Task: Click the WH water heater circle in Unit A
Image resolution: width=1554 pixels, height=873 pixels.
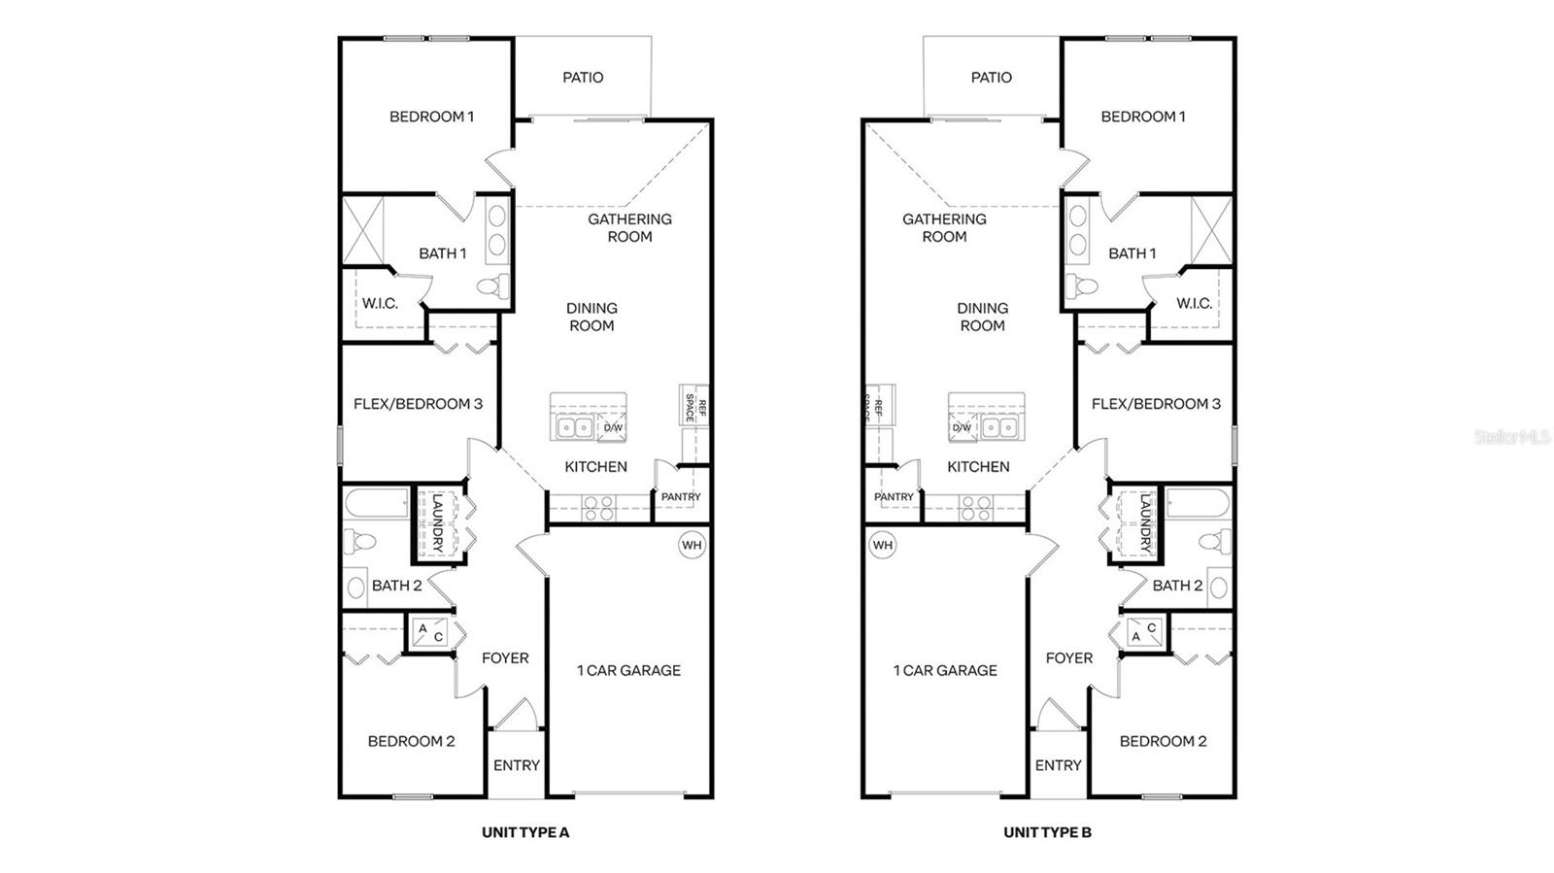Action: coord(691,545)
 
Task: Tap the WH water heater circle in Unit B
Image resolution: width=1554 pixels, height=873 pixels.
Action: coord(882,545)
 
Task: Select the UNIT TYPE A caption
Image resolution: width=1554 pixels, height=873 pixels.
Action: coord(525,832)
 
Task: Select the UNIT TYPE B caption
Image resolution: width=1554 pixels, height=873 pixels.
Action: coord(1047,832)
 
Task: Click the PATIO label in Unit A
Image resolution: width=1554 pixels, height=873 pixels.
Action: coord(583,78)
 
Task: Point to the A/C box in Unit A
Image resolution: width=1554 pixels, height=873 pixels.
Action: coord(430,633)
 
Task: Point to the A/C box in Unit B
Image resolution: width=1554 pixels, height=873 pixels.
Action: coord(1143,633)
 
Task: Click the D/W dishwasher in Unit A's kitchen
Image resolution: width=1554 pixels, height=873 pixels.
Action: coord(613,427)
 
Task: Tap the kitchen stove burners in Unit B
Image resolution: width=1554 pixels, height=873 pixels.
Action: coord(975,508)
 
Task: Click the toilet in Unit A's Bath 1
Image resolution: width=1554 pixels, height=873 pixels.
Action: coord(493,286)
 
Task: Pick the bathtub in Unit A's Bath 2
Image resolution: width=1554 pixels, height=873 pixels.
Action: coord(378,503)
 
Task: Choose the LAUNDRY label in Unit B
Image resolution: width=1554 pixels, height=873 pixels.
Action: coord(1145,524)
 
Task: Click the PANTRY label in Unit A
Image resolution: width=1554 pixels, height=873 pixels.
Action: coord(681,497)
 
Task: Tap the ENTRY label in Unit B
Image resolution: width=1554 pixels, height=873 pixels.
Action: coord(1058,765)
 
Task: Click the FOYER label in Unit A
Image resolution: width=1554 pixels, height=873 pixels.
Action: coord(505,658)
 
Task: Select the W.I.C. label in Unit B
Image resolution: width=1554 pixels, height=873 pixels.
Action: coord(1194,303)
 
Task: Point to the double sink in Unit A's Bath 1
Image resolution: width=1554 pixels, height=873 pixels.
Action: coord(496,229)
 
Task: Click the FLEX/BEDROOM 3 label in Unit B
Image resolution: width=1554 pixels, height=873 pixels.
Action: coord(1156,404)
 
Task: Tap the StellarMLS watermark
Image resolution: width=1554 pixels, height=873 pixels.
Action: coord(1512,437)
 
